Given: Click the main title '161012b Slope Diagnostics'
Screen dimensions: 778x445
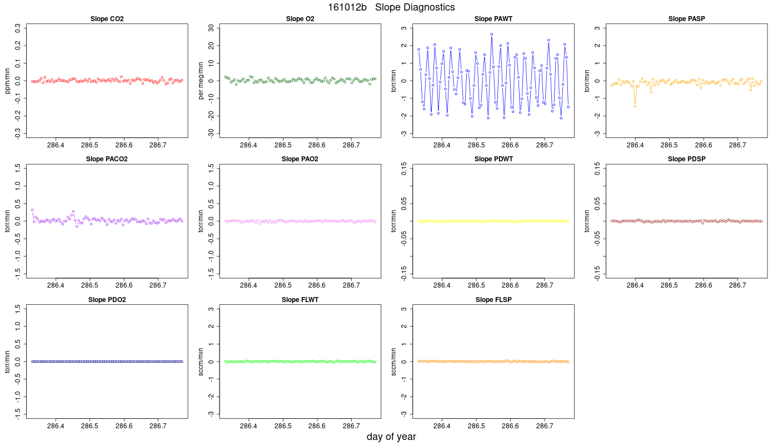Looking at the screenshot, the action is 391,7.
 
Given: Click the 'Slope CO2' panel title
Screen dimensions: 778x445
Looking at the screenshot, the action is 107,19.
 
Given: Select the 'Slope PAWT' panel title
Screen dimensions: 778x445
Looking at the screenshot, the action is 493,19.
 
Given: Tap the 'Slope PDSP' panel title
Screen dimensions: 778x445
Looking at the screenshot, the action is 687,159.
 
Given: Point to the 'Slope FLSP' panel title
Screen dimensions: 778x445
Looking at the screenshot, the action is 493,300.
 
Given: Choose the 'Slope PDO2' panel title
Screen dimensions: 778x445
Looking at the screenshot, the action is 107,300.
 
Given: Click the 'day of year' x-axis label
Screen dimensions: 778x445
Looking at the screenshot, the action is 391,437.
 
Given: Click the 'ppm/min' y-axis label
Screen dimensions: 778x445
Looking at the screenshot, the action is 8,81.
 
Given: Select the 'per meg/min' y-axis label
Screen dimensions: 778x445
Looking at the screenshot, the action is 201,81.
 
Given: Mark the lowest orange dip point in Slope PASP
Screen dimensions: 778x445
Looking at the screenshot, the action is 635,106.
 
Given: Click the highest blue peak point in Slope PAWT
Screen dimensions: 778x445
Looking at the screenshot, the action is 492,34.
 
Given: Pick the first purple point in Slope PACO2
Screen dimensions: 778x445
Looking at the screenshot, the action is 32,210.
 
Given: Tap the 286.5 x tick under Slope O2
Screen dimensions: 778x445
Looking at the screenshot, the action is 283,145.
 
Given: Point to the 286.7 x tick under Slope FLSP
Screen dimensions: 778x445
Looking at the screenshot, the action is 544,426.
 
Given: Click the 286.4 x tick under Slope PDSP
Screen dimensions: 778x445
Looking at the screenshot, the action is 635,285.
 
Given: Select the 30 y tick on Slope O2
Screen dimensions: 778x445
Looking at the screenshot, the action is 211,28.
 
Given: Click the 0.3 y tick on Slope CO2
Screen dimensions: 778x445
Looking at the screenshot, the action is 18,28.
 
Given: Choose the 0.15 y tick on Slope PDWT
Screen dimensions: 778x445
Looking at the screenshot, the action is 404,169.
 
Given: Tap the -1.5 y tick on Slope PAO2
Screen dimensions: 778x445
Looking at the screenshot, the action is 211,274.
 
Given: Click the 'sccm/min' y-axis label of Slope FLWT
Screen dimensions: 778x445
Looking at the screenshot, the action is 201,362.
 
